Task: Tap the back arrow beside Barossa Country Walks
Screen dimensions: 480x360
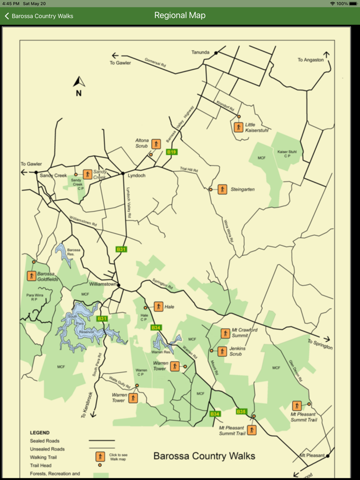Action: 7,16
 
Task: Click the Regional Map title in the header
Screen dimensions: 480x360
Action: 179,15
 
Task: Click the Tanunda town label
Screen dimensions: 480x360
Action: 201,52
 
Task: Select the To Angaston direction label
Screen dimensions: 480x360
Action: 311,60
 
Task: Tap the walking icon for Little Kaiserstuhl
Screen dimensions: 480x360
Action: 238,127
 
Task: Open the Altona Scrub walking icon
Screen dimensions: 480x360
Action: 157,145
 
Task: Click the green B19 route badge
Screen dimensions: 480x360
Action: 172,152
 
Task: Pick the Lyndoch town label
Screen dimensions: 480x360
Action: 136,176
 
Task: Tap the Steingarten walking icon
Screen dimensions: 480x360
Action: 222,189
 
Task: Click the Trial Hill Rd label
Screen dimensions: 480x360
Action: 189,170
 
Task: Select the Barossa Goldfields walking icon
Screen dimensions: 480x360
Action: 32,276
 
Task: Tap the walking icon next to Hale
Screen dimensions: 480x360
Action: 158,307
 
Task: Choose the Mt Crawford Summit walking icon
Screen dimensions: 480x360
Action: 225,333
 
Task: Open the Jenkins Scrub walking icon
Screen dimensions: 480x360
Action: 222,352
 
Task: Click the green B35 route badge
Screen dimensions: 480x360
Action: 241,411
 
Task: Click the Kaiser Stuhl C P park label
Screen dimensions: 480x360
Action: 287,154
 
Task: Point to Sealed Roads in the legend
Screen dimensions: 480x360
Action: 45,441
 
